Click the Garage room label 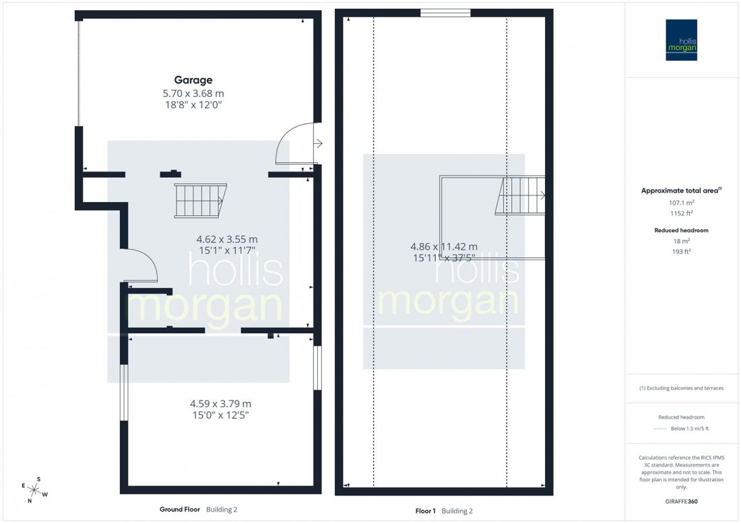pos(194,79)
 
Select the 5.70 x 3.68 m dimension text pos(194,93)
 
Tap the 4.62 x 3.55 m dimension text pos(227,239)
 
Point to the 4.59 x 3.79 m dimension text pos(220,404)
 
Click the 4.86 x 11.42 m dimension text pos(444,247)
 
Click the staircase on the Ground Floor pos(199,201)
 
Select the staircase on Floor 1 pos(520,195)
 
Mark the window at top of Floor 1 pos(445,12)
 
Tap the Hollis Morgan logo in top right pos(682,40)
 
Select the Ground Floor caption pos(181,510)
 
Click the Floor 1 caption pos(426,511)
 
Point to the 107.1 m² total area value pos(681,202)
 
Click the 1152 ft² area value pos(681,213)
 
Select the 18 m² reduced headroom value pos(681,240)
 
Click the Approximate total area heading pos(680,190)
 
